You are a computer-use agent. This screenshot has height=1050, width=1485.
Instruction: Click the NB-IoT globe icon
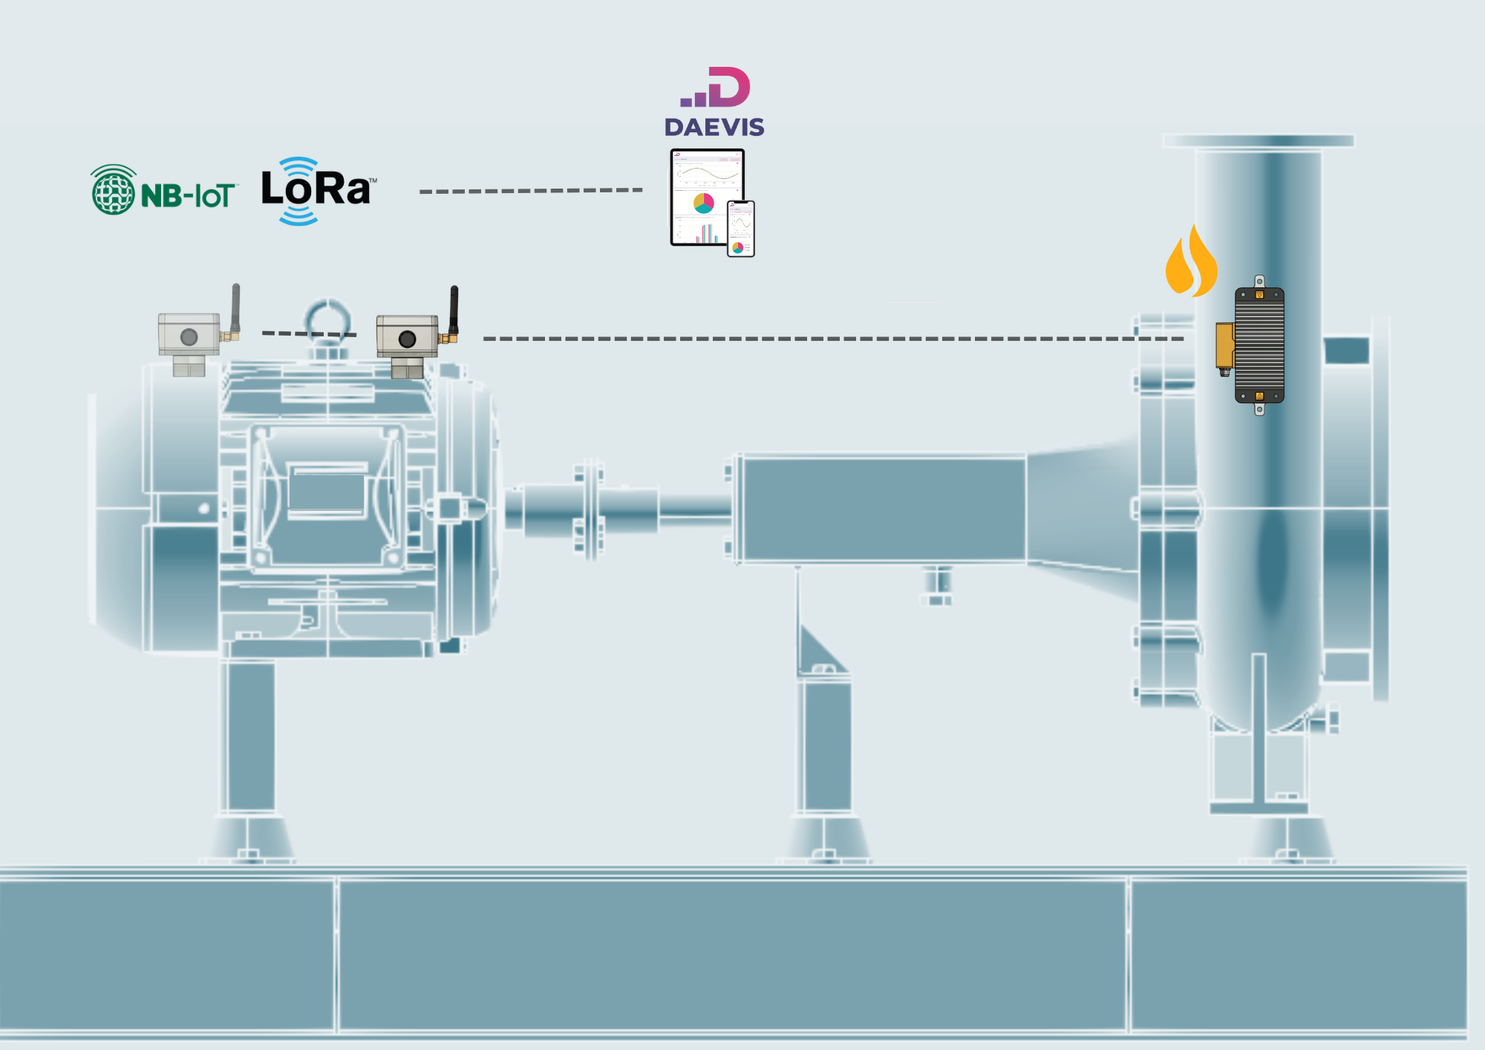(114, 190)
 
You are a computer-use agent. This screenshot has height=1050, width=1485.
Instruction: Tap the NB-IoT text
(189, 196)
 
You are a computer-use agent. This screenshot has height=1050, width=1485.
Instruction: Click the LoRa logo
(318, 191)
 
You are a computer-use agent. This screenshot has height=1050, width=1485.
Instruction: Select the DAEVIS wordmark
(714, 127)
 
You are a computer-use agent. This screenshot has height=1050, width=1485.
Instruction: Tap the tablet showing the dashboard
(707, 198)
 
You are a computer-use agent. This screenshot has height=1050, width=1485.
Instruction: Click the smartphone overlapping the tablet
(741, 229)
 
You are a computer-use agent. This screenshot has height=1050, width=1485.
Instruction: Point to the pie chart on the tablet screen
(703, 203)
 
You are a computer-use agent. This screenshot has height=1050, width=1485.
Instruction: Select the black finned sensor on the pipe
(1259, 345)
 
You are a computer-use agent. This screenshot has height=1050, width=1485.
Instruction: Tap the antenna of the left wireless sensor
(235, 308)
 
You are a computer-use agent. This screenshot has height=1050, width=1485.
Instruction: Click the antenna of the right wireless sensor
(454, 310)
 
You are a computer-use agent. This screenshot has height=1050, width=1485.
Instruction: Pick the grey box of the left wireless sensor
(189, 334)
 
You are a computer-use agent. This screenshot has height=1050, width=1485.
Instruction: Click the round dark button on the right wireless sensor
(407, 339)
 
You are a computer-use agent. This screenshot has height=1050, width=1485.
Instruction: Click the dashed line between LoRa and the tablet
(531, 191)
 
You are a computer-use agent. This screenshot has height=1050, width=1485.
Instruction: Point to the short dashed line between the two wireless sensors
(310, 333)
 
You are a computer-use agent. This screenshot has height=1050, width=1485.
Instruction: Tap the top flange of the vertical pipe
(1259, 141)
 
